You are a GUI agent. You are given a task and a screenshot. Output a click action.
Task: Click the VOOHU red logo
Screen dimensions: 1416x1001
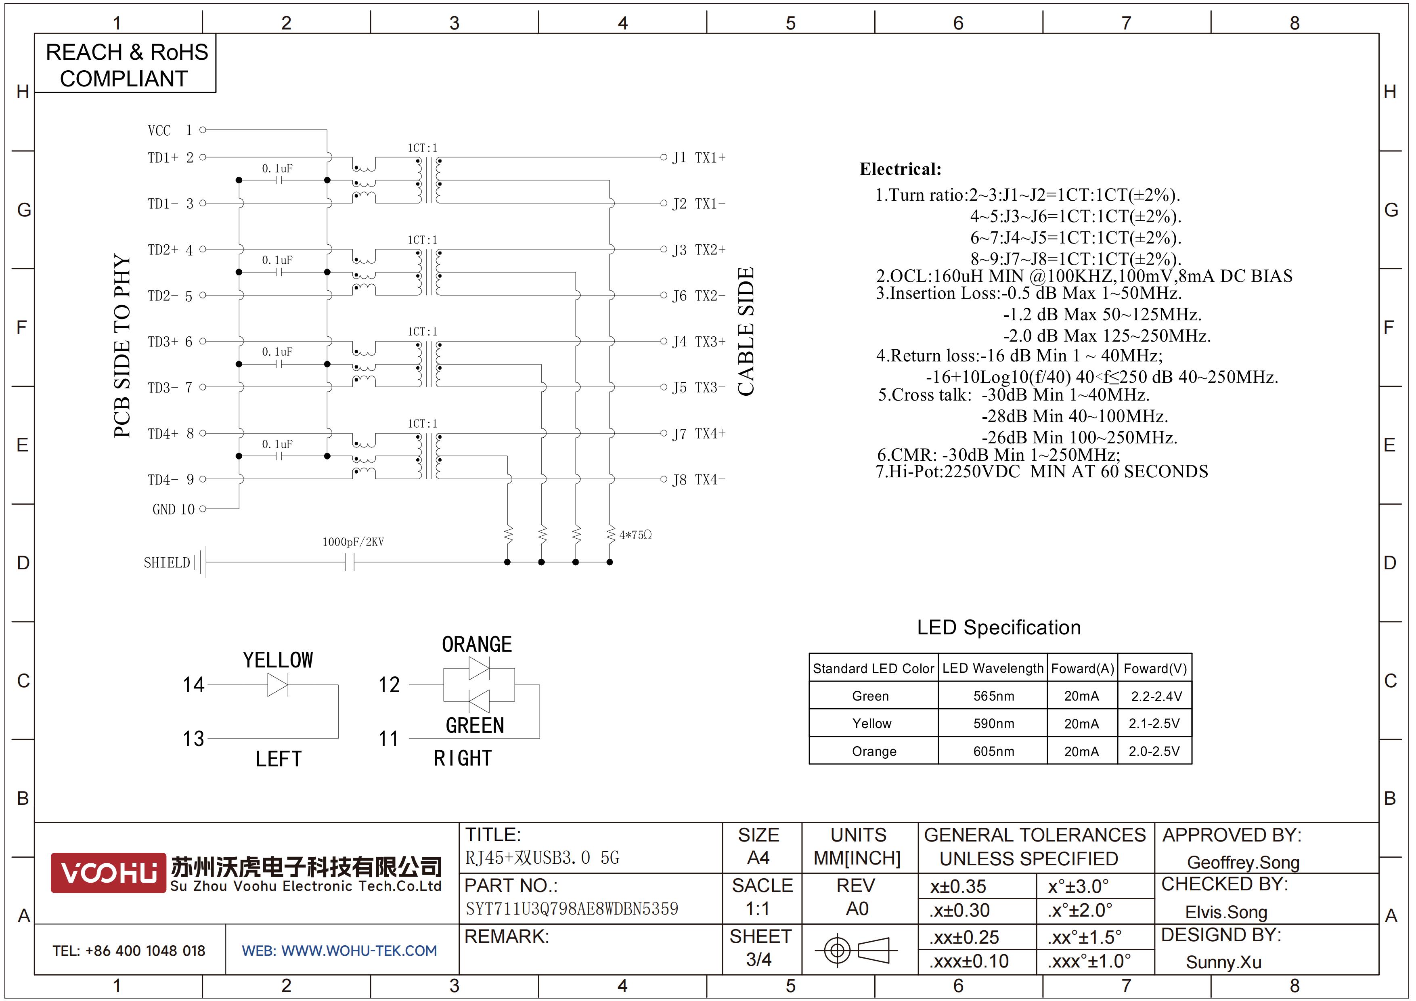click(x=109, y=873)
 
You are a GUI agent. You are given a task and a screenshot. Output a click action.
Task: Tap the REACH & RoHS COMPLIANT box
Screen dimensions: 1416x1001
click(x=125, y=63)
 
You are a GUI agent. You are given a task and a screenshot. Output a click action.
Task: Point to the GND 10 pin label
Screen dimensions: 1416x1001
click(x=173, y=510)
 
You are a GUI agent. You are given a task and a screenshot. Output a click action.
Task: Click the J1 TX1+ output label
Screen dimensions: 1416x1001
click(x=699, y=158)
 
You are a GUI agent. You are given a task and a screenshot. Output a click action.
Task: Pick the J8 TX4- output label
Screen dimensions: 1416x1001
click(x=699, y=480)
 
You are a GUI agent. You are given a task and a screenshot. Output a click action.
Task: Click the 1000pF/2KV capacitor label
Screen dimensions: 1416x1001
click(x=353, y=542)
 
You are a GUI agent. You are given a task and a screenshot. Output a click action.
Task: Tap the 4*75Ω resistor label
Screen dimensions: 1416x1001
click(x=635, y=535)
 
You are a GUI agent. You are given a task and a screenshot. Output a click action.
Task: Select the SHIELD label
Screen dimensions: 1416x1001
click(x=167, y=562)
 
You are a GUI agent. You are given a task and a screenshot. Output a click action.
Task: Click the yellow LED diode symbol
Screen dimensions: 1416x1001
click(x=278, y=684)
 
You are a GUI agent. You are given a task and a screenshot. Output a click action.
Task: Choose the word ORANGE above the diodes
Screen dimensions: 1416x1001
click(x=477, y=644)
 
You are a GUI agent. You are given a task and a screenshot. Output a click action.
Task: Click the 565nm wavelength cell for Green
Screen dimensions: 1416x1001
click(x=993, y=696)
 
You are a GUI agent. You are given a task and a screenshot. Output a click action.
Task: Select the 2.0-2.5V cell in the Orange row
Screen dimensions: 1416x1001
click(x=1154, y=751)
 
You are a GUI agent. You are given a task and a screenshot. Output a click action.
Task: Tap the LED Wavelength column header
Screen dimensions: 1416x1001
click(x=993, y=669)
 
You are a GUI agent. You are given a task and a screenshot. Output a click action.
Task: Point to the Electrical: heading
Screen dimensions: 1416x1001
click(x=901, y=169)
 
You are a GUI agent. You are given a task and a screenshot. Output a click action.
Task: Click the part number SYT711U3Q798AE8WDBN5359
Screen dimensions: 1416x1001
click(x=572, y=909)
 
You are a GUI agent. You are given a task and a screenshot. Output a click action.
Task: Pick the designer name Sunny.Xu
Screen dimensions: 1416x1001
click(x=1223, y=962)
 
